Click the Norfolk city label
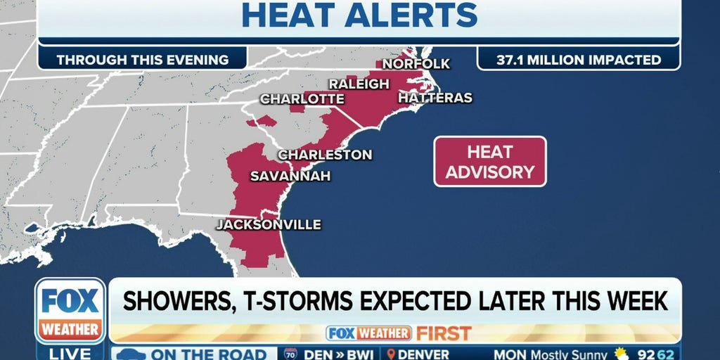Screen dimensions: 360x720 click(x=416, y=64)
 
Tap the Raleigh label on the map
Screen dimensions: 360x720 click(x=359, y=84)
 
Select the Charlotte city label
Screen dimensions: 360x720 click(x=302, y=99)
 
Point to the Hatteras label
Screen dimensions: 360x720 click(x=435, y=98)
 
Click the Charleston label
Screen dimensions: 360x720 click(x=325, y=154)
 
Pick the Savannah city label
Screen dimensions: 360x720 click(x=290, y=176)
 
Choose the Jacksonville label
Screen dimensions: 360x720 click(x=268, y=224)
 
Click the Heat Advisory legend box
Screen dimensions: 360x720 click(x=489, y=162)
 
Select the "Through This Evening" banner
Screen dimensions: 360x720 click(x=143, y=60)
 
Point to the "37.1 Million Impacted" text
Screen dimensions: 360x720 click(x=579, y=60)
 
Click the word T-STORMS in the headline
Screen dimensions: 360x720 click(x=298, y=300)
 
